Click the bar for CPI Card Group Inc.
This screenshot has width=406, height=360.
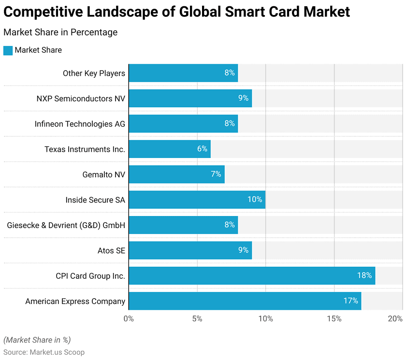252,275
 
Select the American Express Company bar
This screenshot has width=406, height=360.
245,301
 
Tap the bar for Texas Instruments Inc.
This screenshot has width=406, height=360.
170,149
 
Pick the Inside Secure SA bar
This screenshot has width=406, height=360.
197,199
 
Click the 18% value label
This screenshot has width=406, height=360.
364,275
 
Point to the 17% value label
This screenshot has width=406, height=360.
350,301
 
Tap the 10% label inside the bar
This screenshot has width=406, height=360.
255,199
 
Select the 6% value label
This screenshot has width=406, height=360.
202,149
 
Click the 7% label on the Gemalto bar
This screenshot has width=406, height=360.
216,174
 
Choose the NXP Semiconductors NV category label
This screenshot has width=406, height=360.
81,99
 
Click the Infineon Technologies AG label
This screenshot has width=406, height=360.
80,124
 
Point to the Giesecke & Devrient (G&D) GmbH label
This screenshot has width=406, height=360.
66,225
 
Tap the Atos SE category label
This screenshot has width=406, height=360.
111,250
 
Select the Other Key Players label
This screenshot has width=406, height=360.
94,73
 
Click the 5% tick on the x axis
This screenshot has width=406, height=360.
197,318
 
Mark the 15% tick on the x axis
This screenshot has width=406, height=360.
334,318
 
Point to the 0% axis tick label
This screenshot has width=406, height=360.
129,318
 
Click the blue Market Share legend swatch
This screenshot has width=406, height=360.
8,50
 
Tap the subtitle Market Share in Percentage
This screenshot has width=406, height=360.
60,32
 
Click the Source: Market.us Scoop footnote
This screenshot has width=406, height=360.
44,352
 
